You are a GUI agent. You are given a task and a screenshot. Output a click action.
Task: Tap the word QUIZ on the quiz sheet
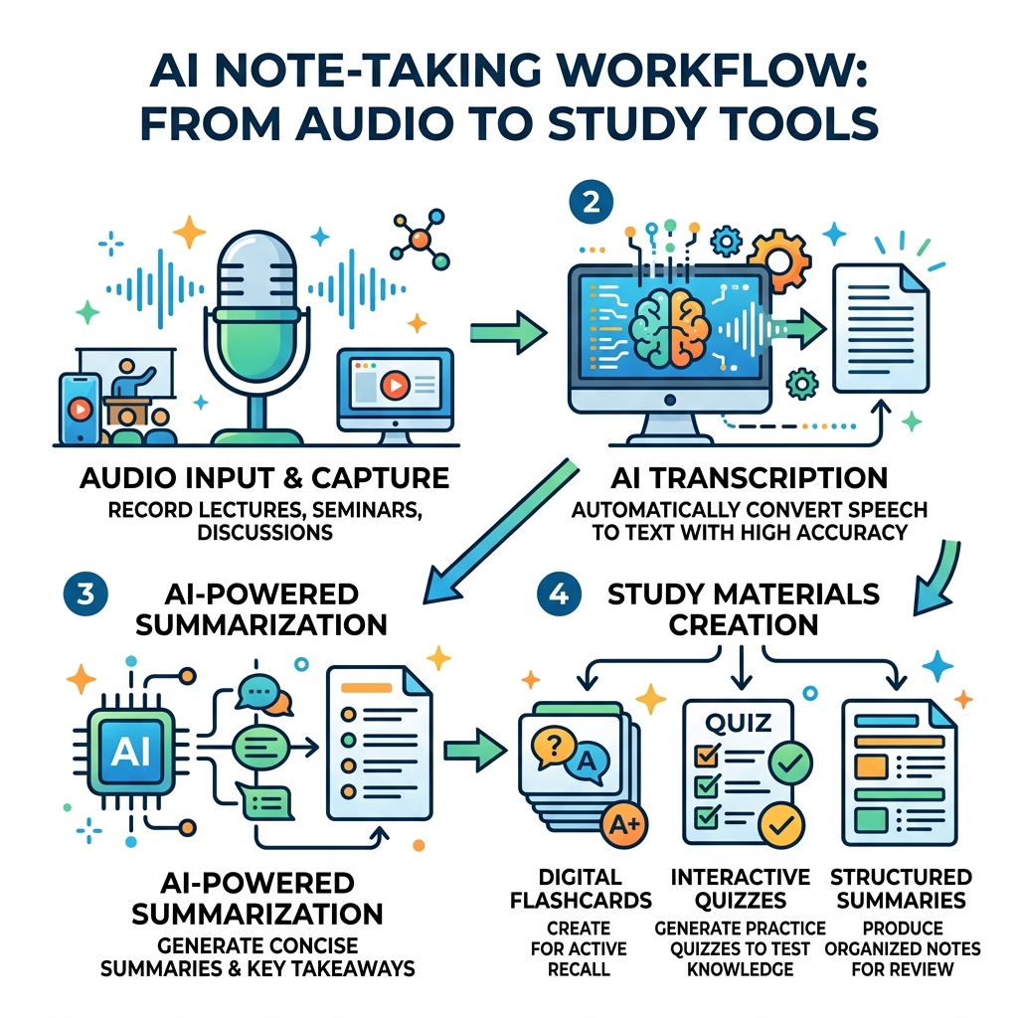pyautogui.click(x=738, y=721)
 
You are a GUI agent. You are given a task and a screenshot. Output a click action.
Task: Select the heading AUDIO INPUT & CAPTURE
pyautogui.click(x=263, y=479)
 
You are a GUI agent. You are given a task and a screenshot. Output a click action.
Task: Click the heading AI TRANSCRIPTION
pyautogui.click(x=737, y=479)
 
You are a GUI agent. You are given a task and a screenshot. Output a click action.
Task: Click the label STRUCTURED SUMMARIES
pyautogui.click(x=901, y=889)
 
